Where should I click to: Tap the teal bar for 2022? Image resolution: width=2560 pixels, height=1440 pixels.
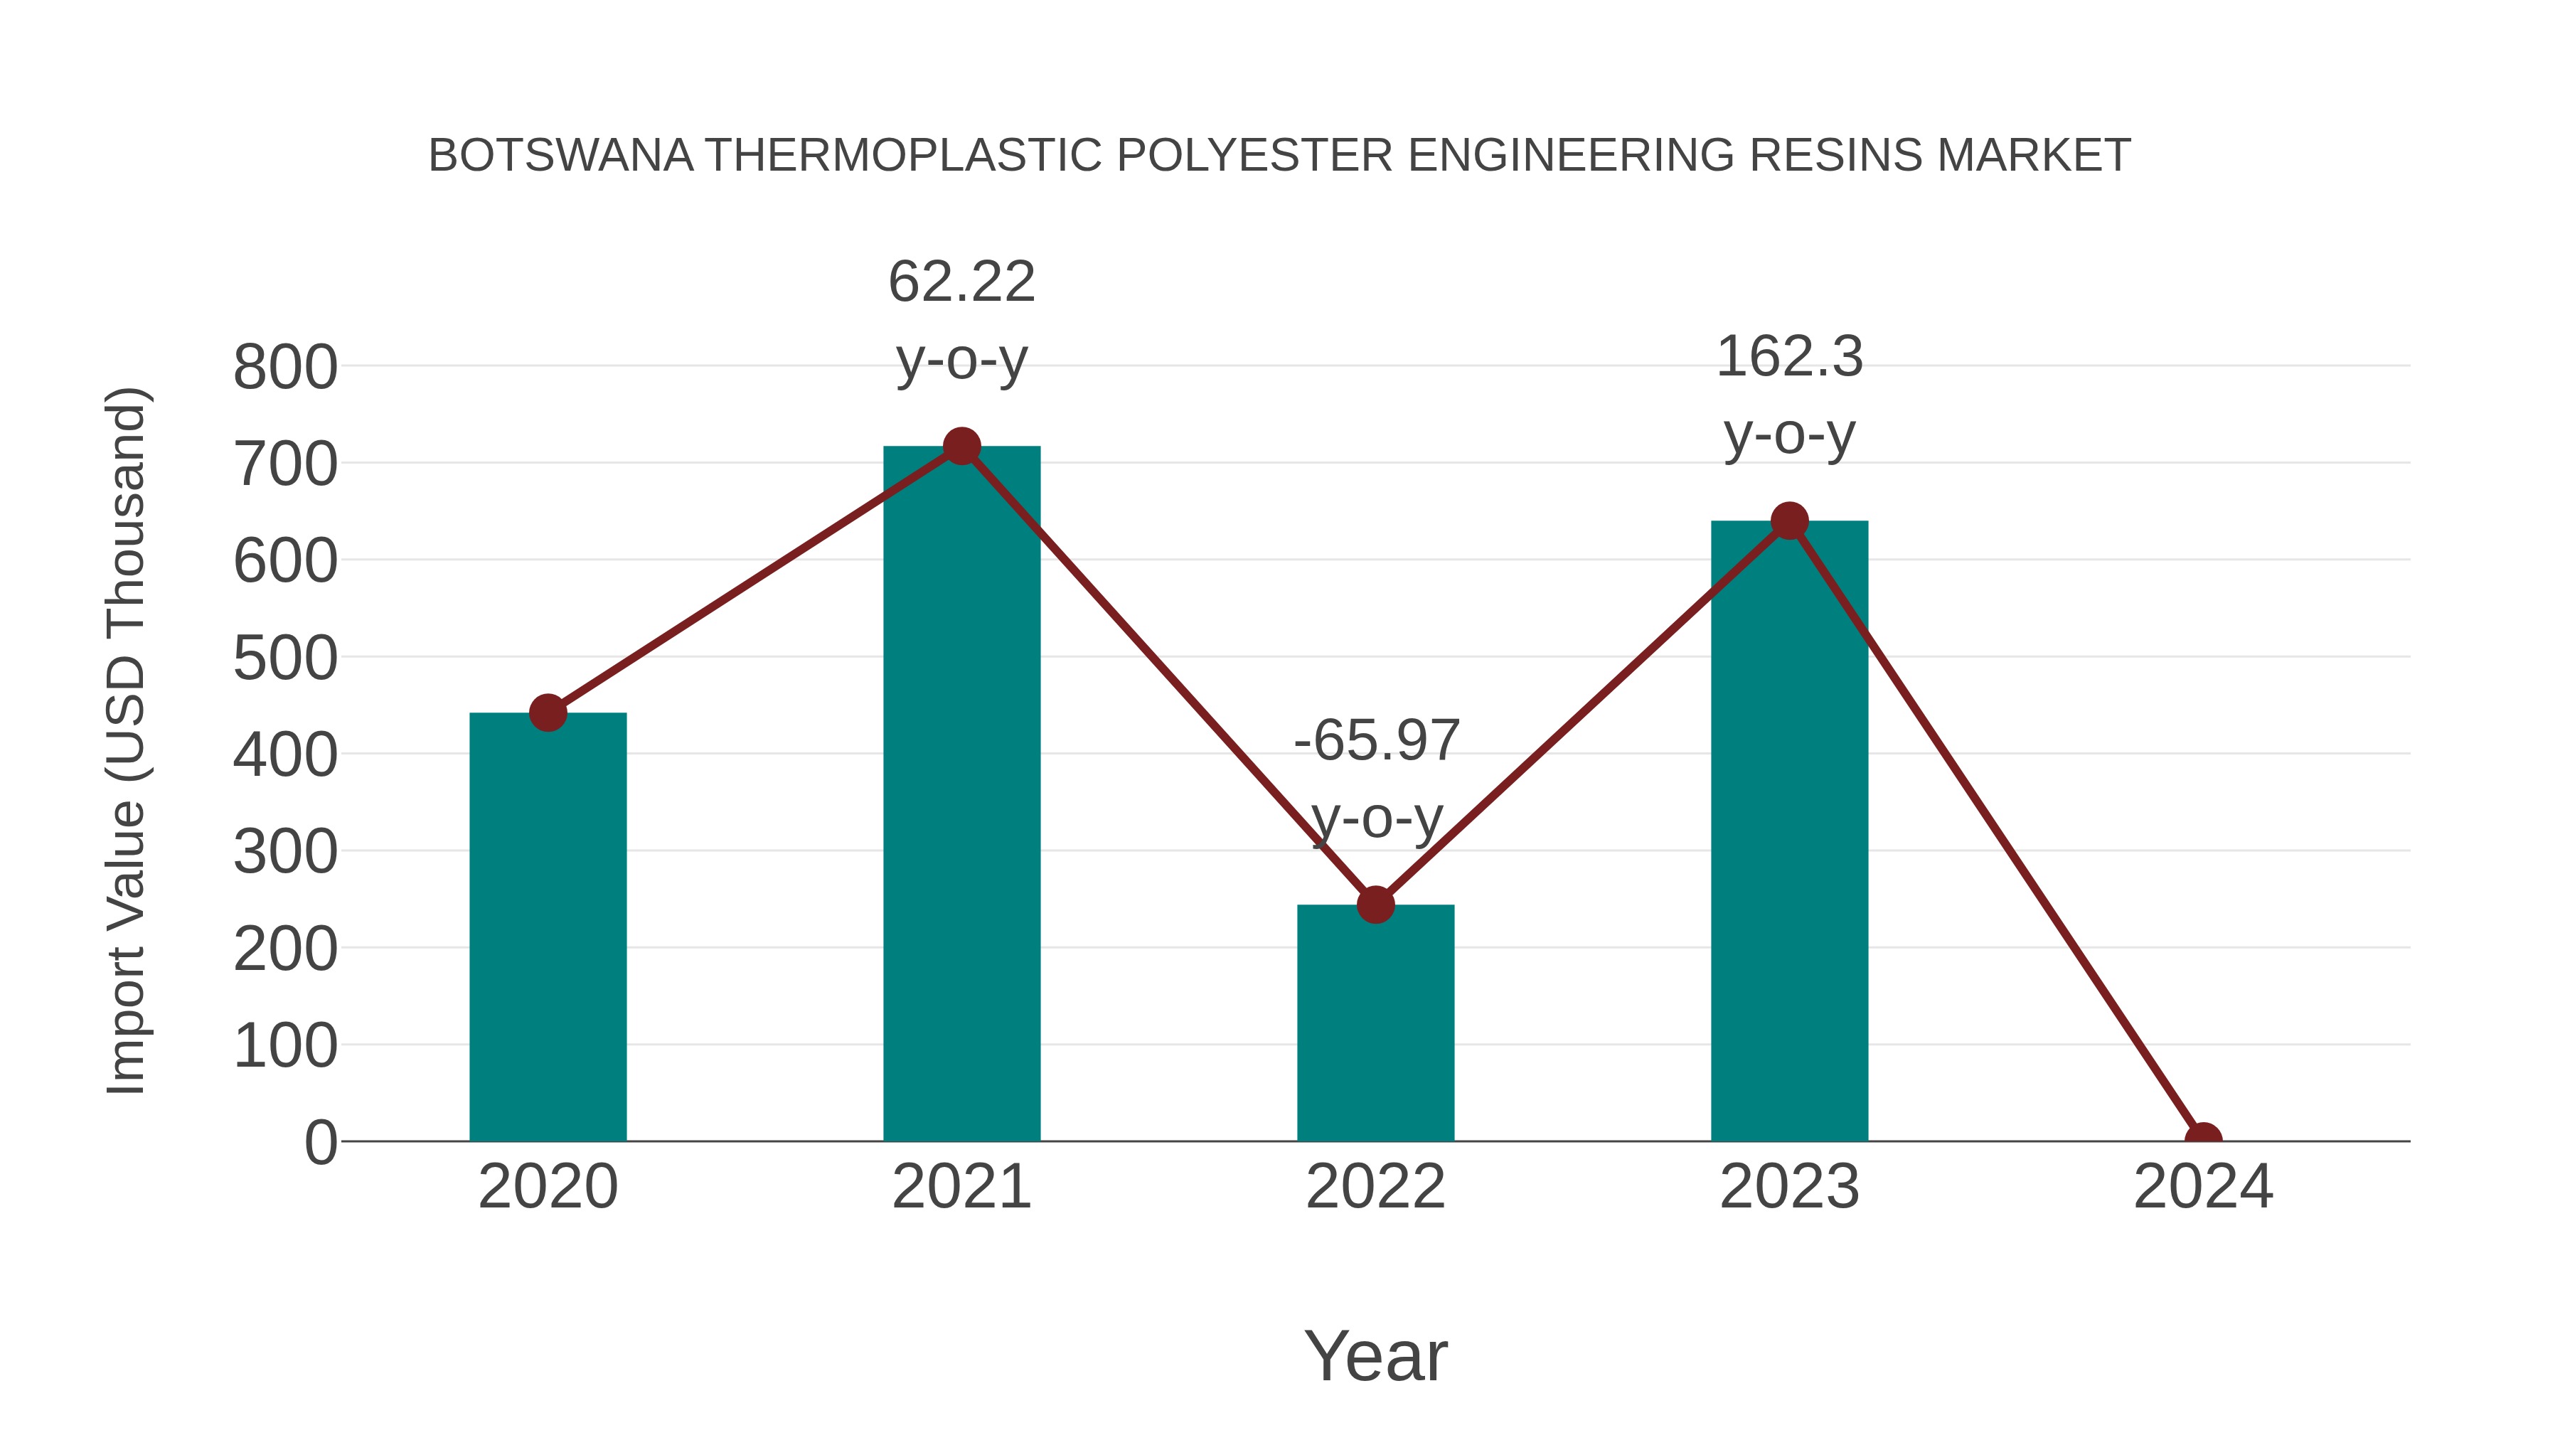point(1375,1023)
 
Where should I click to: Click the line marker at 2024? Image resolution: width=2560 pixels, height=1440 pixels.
point(2203,1139)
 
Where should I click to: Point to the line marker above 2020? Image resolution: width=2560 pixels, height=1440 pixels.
point(548,713)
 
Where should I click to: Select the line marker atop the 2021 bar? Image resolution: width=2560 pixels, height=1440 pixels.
point(961,446)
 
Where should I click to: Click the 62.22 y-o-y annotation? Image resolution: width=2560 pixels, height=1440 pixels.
point(961,319)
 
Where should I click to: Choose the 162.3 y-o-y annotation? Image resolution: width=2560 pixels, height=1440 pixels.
point(1789,395)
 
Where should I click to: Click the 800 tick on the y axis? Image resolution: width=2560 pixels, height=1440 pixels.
point(285,367)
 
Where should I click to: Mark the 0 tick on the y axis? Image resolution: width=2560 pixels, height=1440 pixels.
point(321,1143)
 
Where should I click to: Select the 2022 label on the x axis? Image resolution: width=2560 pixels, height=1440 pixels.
point(1375,1187)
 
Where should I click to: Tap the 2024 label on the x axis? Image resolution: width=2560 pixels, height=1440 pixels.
point(2203,1187)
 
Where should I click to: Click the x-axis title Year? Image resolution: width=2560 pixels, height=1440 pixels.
point(1375,1355)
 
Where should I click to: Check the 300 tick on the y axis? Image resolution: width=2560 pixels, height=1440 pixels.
point(285,852)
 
